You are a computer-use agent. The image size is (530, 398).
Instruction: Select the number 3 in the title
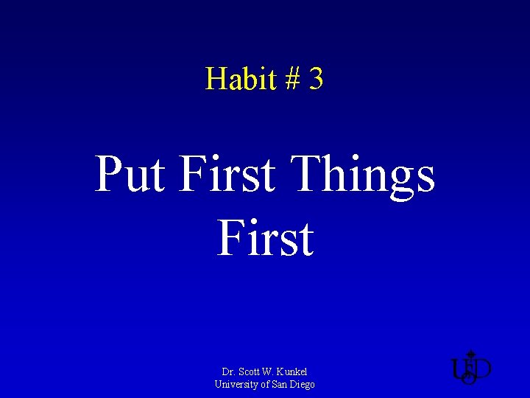point(316,79)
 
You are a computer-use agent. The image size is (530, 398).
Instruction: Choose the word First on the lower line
point(265,238)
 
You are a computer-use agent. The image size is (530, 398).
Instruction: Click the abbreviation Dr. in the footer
point(228,371)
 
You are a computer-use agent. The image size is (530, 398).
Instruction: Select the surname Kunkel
point(293,371)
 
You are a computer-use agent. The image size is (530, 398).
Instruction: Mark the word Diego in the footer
point(303,385)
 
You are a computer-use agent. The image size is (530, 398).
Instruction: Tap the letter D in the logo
point(482,369)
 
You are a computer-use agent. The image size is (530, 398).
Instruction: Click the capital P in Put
point(110,175)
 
